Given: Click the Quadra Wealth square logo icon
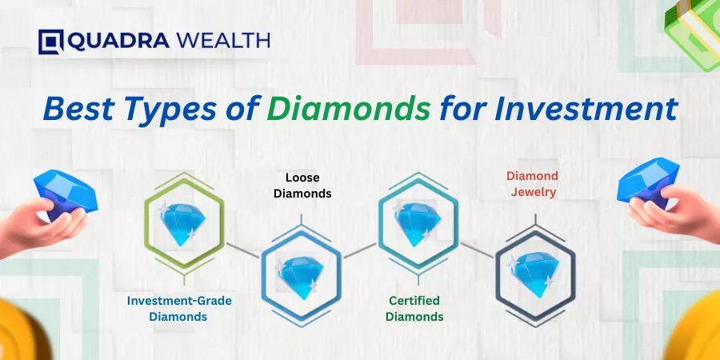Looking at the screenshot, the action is pyautogui.click(x=50, y=42).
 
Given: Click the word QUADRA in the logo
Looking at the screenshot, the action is pyautogui.click(x=118, y=41).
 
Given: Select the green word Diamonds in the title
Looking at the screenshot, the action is pyautogui.click(x=349, y=110).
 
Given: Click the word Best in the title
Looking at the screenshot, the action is pyautogui.click(x=78, y=110).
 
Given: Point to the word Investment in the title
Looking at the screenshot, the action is pyautogui.click(x=586, y=110).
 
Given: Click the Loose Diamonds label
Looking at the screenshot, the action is pyautogui.click(x=302, y=186).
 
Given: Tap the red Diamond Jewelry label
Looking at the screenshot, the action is pyautogui.click(x=533, y=184).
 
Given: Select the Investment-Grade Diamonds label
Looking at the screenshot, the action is pyautogui.click(x=179, y=309).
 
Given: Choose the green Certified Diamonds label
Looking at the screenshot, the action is pyautogui.click(x=414, y=309).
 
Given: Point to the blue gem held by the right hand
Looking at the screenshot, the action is pyautogui.click(x=648, y=182).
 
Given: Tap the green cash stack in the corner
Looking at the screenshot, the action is pyautogui.click(x=694, y=32).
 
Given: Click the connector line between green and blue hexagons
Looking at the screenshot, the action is pyautogui.click(x=243, y=250).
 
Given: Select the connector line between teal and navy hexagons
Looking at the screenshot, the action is pyautogui.click(x=477, y=250).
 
